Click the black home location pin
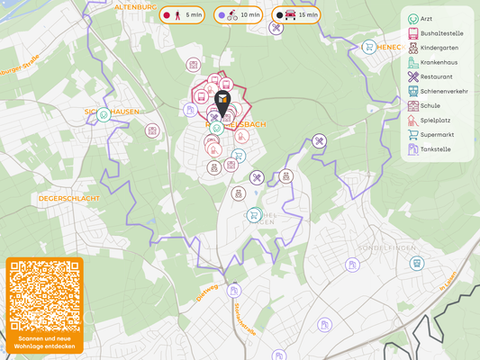(x=222, y=103)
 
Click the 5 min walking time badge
(x=183, y=15)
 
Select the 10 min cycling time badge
(x=239, y=15)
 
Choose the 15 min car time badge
(x=297, y=15)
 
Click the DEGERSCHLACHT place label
(x=68, y=198)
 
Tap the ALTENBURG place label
(x=136, y=6)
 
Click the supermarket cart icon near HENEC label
(x=368, y=47)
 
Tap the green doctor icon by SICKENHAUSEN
(x=104, y=114)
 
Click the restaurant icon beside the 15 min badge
(x=276, y=29)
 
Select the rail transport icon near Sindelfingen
(x=416, y=264)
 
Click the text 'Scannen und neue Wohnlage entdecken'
(x=44, y=342)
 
